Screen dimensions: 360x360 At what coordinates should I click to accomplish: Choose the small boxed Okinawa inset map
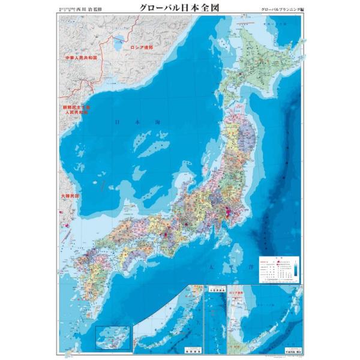point(113,337)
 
